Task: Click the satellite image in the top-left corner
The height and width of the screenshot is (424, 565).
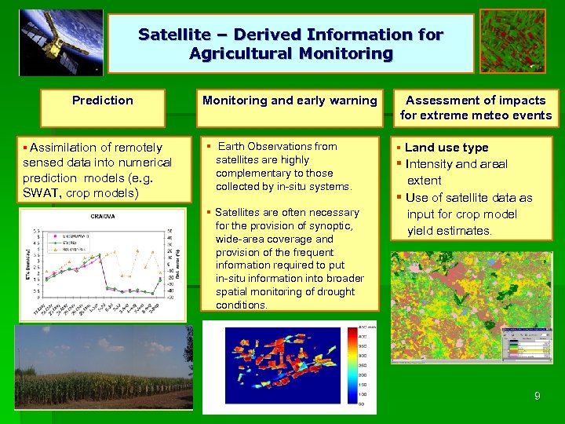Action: click(x=61, y=42)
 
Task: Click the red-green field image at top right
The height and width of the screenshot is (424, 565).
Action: click(x=512, y=41)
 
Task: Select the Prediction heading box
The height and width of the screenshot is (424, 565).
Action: click(x=103, y=101)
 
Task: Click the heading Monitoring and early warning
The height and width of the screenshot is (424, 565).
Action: click(x=290, y=101)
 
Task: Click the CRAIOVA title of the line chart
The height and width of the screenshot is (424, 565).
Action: click(x=104, y=215)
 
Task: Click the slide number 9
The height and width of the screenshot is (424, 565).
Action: click(x=537, y=397)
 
